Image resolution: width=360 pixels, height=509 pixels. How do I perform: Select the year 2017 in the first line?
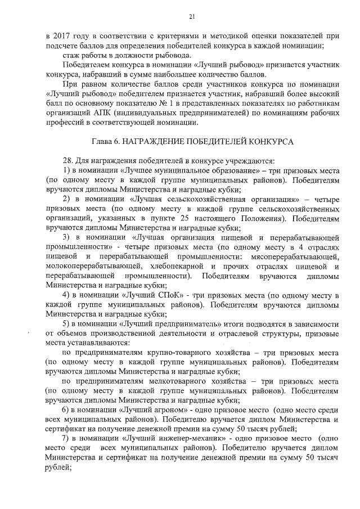tap(61, 35)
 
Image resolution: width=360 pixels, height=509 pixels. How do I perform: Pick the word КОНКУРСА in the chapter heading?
tap(272, 141)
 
